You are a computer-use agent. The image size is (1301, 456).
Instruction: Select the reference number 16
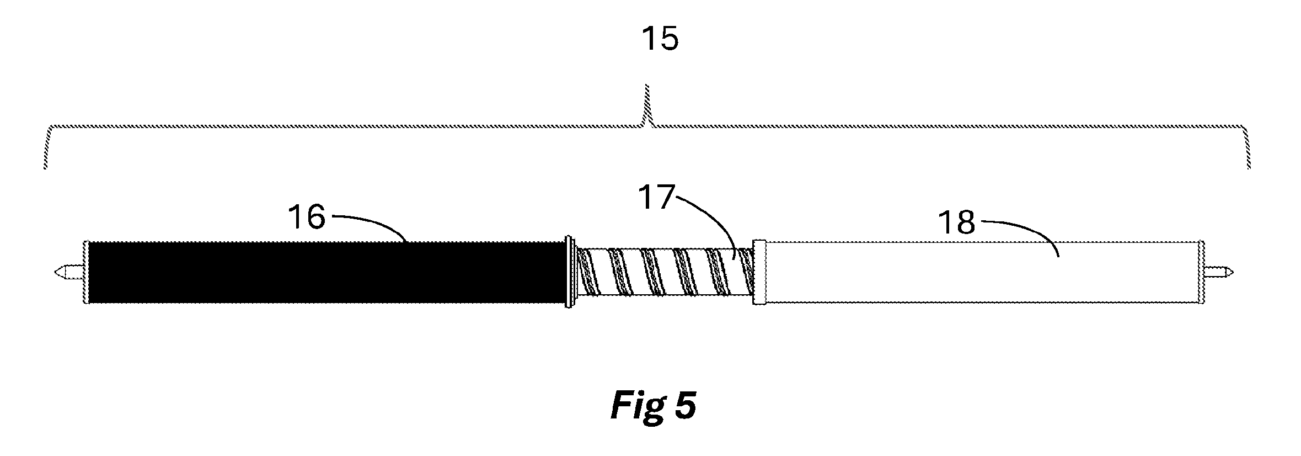pos(307,217)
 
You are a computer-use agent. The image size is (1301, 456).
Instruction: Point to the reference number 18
pos(957,223)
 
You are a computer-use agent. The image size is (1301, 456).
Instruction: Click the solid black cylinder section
pos(327,272)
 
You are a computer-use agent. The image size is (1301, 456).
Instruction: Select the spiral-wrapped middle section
pos(664,272)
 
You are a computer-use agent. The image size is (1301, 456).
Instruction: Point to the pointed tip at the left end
pos(56,272)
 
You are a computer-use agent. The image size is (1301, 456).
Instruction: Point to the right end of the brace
pos(1249,167)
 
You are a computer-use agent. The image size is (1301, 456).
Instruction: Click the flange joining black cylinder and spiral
pos(571,272)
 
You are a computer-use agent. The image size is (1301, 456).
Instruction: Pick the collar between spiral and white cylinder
pos(759,272)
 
